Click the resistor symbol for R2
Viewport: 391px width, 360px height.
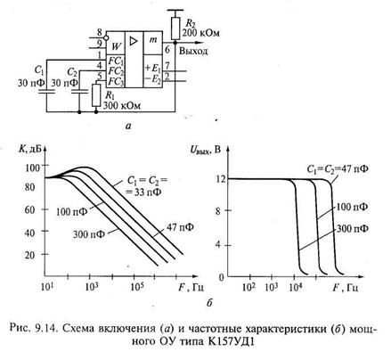175,29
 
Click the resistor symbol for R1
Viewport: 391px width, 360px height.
96,94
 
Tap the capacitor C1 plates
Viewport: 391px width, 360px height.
46,91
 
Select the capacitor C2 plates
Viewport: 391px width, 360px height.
79,91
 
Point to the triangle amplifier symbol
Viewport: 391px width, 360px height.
134,41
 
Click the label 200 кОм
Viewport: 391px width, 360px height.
200,32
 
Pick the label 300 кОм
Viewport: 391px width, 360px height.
122,105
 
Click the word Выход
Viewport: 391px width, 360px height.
193,51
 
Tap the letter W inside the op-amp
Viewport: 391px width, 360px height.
117,46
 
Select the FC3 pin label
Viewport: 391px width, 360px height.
116,81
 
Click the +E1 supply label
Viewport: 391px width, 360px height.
152,68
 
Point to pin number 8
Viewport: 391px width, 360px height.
99,32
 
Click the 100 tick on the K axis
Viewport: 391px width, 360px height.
32,168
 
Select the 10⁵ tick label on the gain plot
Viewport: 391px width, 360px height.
137,287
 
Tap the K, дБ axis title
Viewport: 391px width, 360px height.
29,149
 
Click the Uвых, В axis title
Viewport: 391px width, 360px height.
206,150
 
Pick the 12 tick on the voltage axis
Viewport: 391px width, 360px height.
220,179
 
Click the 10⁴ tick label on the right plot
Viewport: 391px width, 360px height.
296,287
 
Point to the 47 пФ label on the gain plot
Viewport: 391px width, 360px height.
180,227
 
